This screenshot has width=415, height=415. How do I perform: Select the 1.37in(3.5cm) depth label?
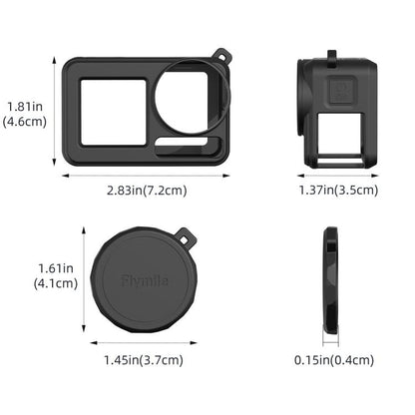pos(338,189)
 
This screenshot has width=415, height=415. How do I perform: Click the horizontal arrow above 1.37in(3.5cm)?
pos(337,176)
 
